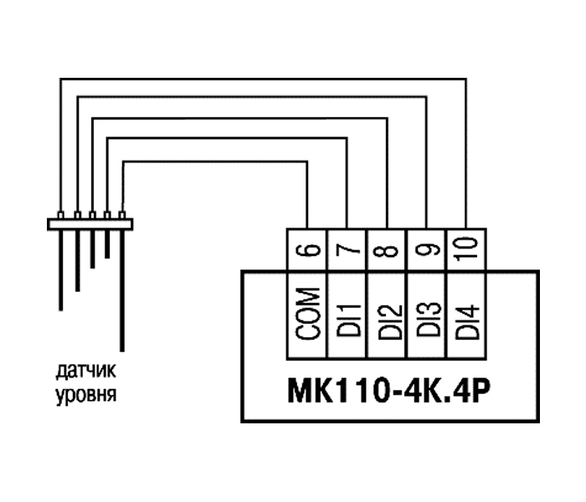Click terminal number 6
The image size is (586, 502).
pos(307,248)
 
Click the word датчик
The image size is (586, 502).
pos(87,370)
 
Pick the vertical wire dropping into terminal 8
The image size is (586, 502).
pos(387,176)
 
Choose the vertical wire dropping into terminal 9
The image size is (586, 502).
pos(427,167)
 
